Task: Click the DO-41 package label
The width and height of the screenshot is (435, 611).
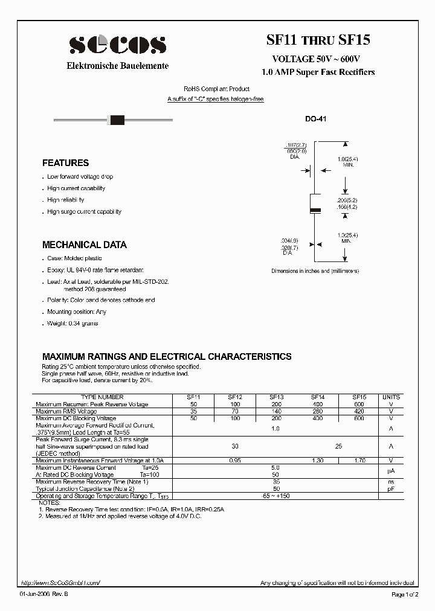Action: pos(315,120)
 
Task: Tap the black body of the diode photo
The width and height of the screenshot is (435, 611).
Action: pos(117,120)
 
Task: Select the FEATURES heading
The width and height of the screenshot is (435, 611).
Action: pos(65,163)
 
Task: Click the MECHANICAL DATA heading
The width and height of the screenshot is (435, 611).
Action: pos(84,245)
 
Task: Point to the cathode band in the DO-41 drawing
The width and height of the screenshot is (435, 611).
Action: pos(315,210)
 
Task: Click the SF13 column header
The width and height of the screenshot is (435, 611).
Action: pos(276,397)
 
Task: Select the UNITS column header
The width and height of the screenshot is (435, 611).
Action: pos(391,397)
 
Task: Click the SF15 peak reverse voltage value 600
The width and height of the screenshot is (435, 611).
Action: pos(359,405)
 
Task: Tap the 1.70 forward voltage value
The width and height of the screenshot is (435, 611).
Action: pos(359,461)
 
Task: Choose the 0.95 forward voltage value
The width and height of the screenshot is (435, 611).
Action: pos(235,461)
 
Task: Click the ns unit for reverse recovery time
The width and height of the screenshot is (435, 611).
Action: pos(391,482)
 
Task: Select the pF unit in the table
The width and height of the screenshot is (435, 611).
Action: pos(391,488)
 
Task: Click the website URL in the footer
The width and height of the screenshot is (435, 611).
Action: pos(60,583)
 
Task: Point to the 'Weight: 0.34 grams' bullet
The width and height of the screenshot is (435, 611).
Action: pos(72,324)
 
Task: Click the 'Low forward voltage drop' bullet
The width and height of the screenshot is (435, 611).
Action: pos(80,177)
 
